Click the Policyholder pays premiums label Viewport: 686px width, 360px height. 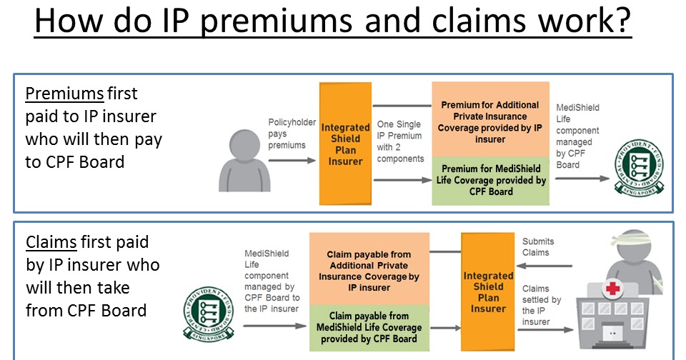pyautogui.click(x=292, y=134)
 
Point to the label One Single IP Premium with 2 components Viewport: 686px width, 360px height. pyautogui.click(x=400, y=141)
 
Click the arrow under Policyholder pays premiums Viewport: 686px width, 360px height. pyautogui.click(x=291, y=160)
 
